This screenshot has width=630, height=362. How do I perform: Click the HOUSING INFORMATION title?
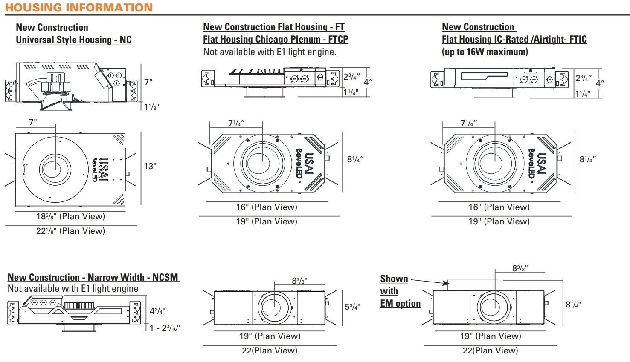click(79, 8)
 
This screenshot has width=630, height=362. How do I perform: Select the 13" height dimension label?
click(150, 166)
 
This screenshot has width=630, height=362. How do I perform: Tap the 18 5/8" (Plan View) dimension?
click(70, 216)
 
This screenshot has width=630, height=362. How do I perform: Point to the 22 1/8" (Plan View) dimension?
click(70, 231)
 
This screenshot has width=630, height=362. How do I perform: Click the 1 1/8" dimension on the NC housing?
click(151, 107)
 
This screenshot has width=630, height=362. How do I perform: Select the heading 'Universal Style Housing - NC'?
click(73, 40)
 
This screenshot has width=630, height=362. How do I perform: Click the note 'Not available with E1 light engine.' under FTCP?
click(270, 52)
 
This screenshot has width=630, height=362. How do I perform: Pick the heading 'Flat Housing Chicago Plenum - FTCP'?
click(276, 39)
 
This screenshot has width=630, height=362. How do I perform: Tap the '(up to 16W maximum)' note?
click(485, 52)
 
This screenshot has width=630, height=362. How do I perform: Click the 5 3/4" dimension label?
click(352, 306)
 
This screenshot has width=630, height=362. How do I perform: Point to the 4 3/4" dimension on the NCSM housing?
click(157, 311)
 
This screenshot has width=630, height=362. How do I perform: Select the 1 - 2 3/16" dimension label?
click(165, 328)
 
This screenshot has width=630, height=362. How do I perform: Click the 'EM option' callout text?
click(400, 303)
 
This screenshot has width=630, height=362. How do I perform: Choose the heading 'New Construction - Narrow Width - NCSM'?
click(93, 277)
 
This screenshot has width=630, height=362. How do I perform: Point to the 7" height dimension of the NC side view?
click(148, 82)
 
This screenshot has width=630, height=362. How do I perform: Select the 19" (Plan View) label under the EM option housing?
click(491, 336)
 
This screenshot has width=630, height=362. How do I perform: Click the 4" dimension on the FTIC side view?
click(600, 83)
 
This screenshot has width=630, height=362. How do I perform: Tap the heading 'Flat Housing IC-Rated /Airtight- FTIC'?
click(514, 39)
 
